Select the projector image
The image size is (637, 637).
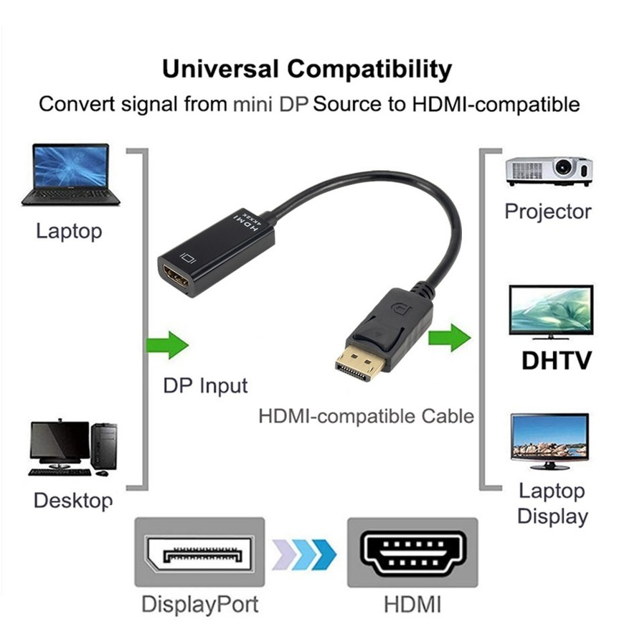(x=549, y=171)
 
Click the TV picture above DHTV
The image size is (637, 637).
(x=551, y=311)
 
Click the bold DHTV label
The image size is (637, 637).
(x=556, y=360)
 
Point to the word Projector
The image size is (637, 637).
(x=548, y=212)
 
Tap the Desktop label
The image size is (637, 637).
(x=73, y=500)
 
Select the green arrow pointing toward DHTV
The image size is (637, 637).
(x=449, y=336)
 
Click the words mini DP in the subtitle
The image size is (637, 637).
(x=270, y=104)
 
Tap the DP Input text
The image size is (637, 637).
(x=205, y=385)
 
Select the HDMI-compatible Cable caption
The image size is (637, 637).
(x=366, y=415)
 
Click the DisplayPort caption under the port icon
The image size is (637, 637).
(x=199, y=603)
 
